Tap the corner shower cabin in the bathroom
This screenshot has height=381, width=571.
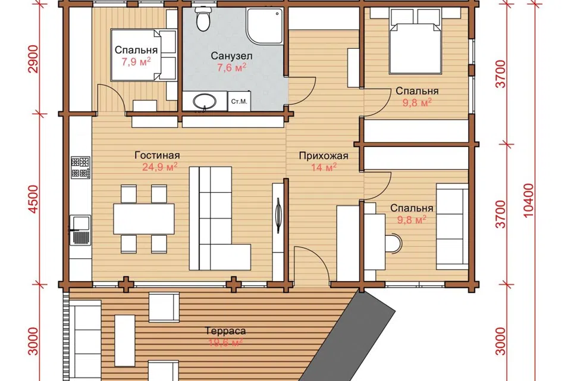(x=265, y=26)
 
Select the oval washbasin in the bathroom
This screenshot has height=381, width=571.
(x=204, y=101)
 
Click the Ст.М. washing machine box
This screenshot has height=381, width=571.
(x=239, y=101)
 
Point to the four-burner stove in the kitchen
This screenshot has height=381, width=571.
(x=80, y=167)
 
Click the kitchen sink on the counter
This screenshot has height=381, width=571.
(x=80, y=230)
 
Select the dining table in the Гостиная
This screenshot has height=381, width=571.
(x=144, y=218)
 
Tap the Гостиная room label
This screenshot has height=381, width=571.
(x=157, y=155)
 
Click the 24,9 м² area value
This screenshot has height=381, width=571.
(x=160, y=167)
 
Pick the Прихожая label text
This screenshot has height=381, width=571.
(x=324, y=156)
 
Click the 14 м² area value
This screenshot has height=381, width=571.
(x=324, y=167)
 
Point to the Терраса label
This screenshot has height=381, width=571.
(x=225, y=331)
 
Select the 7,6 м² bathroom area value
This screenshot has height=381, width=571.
(x=231, y=67)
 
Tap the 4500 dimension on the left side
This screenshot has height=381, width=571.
(x=33, y=199)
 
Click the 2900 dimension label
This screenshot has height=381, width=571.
(x=33, y=59)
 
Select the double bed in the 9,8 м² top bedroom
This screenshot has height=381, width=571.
(x=416, y=41)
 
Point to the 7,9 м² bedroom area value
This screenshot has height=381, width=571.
(x=136, y=62)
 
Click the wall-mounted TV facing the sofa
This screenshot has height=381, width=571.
(x=278, y=215)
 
